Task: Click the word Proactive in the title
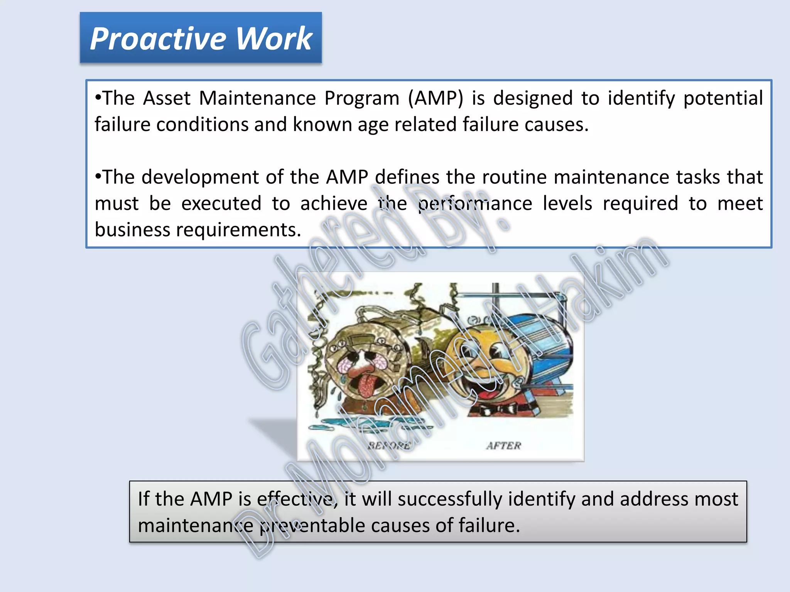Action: click(158, 39)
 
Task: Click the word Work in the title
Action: click(273, 39)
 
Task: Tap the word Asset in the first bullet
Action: click(167, 98)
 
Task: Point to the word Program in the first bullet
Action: click(361, 99)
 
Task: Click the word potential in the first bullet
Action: click(723, 99)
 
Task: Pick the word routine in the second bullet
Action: click(514, 178)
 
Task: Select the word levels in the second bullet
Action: click(567, 203)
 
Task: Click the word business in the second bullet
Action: click(132, 230)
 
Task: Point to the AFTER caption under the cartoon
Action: click(503, 446)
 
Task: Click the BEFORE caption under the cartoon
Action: click(389, 446)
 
